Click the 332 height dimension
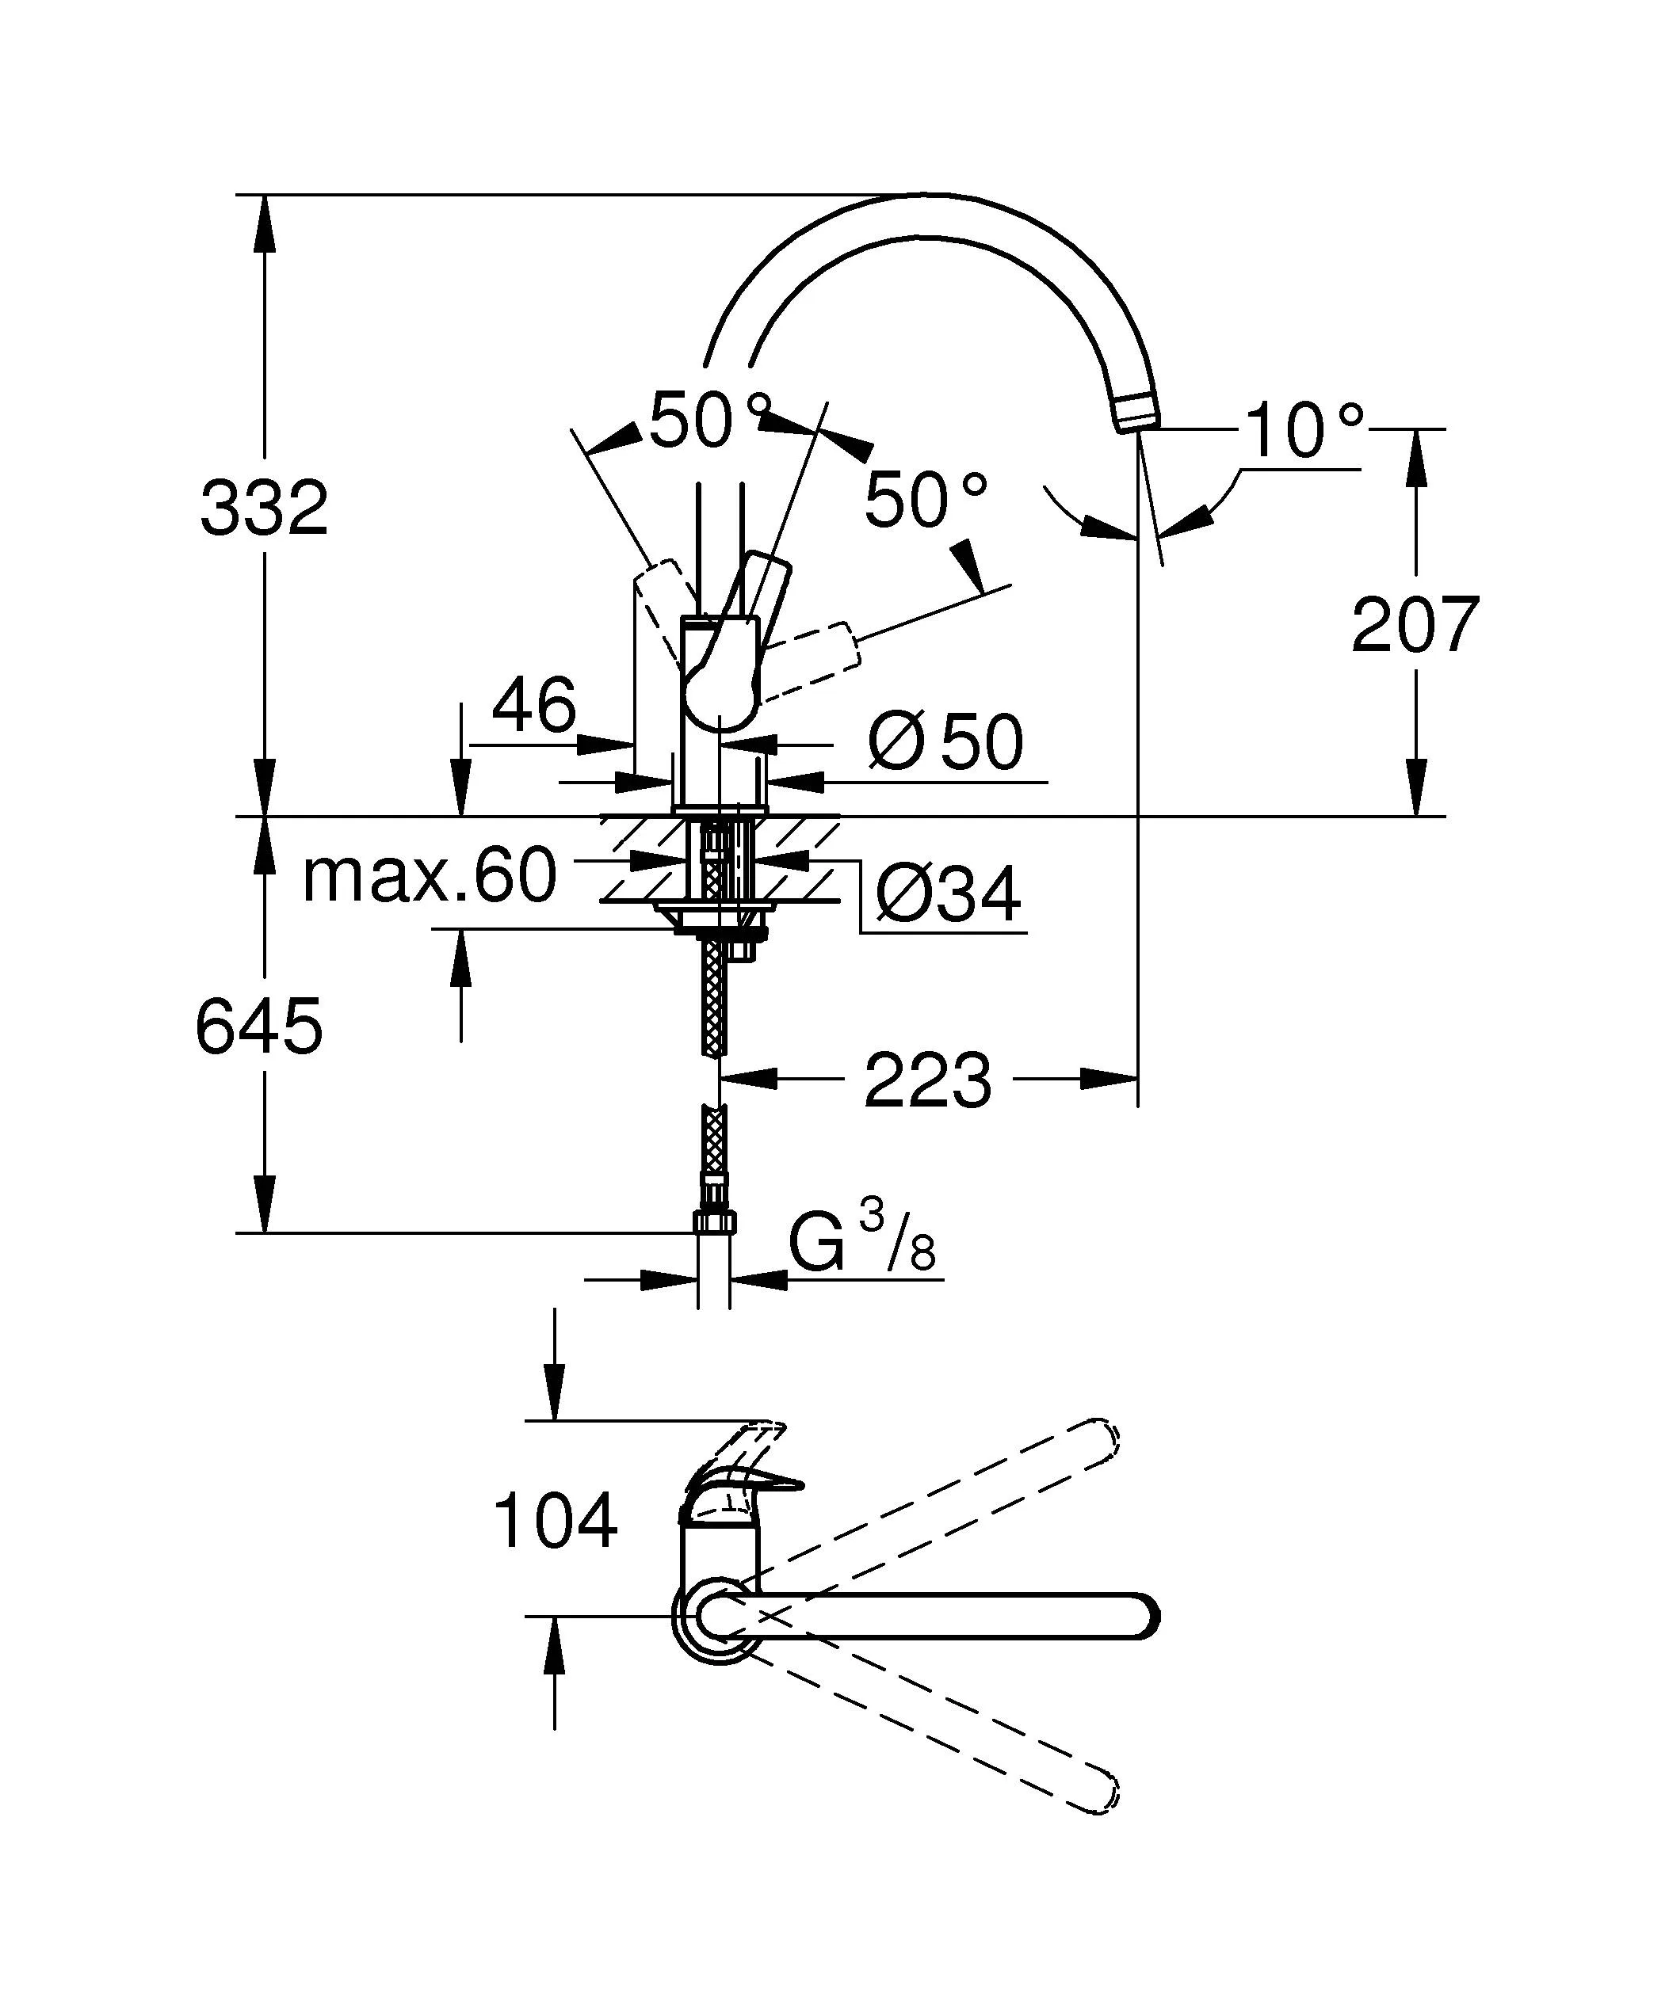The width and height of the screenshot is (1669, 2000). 264,509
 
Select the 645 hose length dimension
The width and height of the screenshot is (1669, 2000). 259,1027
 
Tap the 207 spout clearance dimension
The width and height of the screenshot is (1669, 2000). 1415,626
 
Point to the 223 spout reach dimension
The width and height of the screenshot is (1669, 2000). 928,1080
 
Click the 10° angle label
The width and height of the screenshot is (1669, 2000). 1302,432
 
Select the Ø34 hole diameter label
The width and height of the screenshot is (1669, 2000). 947,894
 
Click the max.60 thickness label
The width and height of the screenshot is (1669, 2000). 429,875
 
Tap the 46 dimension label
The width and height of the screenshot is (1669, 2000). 533,706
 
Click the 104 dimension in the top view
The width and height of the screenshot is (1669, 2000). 556,1522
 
